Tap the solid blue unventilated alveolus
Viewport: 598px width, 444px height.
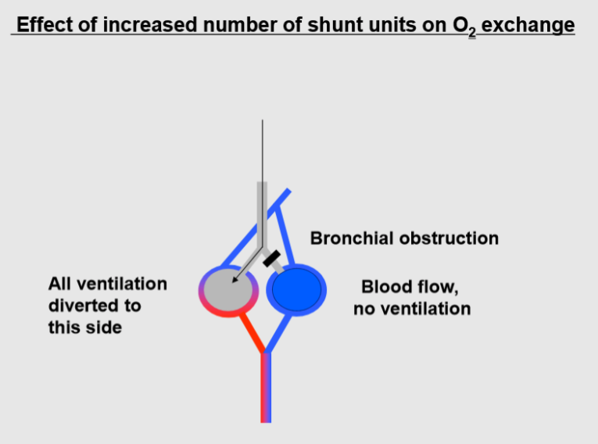(296, 290)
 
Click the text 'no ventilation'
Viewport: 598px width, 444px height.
(412, 308)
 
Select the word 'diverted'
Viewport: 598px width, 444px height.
(81, 305)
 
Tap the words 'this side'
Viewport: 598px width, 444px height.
(84, 327)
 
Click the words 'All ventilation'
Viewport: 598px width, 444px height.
(107, 283)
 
